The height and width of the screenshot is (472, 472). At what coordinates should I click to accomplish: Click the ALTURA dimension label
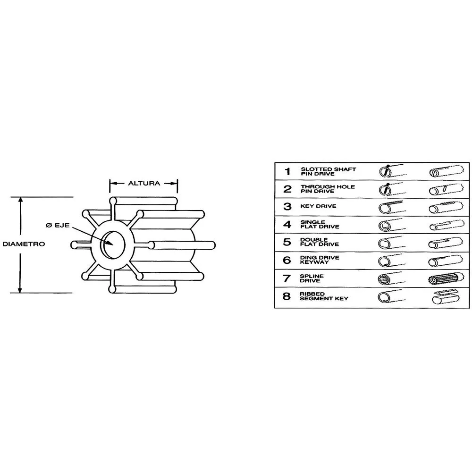pos(144,183)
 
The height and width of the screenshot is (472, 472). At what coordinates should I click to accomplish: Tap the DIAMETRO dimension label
pos(24,244)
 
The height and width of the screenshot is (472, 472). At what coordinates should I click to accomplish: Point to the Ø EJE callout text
pos(58,225)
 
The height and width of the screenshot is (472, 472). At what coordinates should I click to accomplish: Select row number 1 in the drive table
pos(288,172)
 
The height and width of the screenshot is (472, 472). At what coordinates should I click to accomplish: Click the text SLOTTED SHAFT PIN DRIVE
pos(328,172)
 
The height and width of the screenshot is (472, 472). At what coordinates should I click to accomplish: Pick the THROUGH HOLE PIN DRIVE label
pos(328,189)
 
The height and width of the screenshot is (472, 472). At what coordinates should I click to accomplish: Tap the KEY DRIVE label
pos(318,206)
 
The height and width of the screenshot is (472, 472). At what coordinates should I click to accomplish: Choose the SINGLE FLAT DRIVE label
pos(320,224)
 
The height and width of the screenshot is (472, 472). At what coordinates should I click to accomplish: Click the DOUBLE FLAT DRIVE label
pos(320,242)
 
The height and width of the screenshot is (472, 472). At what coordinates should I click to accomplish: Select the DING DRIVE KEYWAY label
pos(320,260)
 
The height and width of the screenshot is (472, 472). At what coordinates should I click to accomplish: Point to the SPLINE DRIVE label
pos(312,278)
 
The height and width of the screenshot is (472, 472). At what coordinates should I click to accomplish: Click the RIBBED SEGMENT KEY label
pos(324,296)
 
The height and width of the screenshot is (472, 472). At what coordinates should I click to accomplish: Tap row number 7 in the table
pos(287,278)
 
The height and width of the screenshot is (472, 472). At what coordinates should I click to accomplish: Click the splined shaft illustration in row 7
pos(445,279)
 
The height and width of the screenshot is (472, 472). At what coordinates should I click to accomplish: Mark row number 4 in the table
pos(287,225)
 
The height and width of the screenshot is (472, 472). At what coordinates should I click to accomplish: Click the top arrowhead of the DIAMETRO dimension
pos(20,200)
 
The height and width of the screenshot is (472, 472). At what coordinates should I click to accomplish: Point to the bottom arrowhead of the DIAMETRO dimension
pos(20,290)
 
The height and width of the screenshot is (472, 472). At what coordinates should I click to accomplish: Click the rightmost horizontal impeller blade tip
pos(213,245)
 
